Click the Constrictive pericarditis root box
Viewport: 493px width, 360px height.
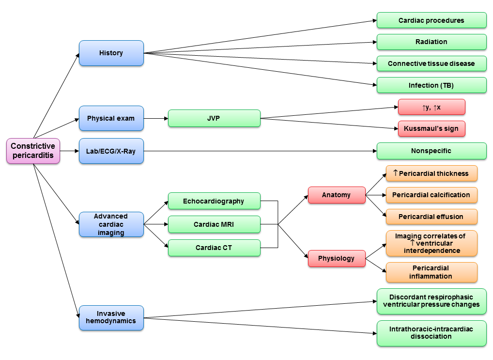tap(33, 151)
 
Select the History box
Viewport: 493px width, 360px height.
tap(111, 53)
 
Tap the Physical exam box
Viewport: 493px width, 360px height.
tap(111, 118)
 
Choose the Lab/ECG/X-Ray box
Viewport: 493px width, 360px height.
tap(111, 151)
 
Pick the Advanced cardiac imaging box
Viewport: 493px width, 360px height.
tap(111, 224)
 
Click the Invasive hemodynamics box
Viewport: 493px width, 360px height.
tap(111, 317)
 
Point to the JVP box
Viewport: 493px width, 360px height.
tap(214, 118)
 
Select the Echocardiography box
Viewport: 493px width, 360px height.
tap(214, 201)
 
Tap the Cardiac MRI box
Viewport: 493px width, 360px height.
tap(214, 224)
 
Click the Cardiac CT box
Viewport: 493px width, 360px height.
tap(214, 248)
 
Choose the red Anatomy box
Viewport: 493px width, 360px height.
tap(337, 195)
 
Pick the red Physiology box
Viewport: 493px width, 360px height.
tap(337, 258)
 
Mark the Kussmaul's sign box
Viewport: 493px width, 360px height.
tap(431, 129)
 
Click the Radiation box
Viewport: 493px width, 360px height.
tap(431, 42)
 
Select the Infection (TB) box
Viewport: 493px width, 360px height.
tap(431, 85)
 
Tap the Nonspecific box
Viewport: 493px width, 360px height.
tap(431, 151)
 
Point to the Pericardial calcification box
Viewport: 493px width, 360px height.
tap(431, 195)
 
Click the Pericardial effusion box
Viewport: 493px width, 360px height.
tap(431, 217)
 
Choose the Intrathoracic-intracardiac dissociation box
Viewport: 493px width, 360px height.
tap(431, 332)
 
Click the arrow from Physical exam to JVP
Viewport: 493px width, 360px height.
tap(156, 118)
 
